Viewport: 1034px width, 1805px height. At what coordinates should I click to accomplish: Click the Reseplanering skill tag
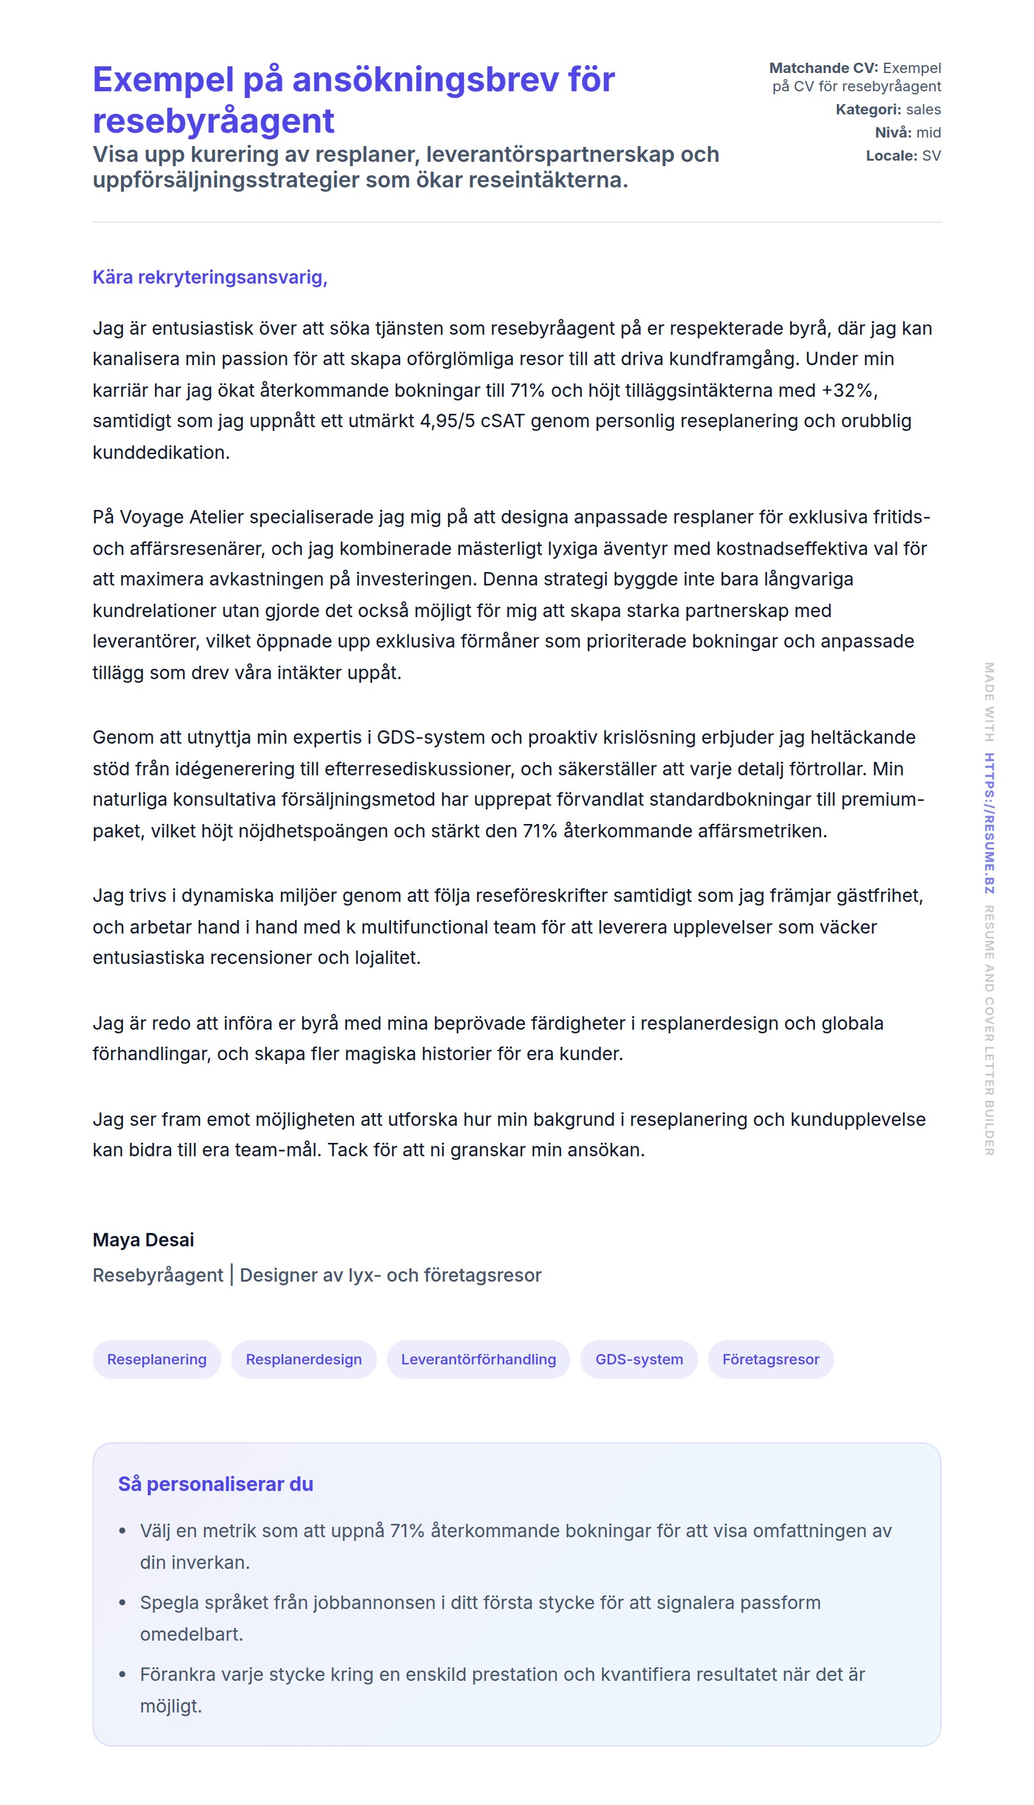pos(156,1359)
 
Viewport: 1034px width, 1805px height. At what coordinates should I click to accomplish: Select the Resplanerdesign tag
pos(304,1359)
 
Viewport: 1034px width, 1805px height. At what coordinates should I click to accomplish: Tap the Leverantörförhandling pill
pos(478,1359)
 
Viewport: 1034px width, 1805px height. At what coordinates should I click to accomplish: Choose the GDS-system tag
pos(639,1359)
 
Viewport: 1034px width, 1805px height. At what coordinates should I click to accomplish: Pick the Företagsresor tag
pos(770,1359)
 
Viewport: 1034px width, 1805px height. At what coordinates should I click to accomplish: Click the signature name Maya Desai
pos(143,1240)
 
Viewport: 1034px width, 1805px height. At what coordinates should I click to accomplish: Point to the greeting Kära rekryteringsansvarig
pos(209,277)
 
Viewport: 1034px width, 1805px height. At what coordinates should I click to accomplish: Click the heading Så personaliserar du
pos(215,1484)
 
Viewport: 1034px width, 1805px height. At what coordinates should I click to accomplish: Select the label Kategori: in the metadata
pos(868,110)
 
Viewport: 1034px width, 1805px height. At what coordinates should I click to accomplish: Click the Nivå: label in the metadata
pos(893,133)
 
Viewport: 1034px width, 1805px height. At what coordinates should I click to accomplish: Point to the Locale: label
pos(891,156)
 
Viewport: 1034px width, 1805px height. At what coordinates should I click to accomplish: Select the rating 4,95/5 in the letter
pos(446,421)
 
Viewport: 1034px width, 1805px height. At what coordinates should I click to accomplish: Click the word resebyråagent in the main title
pos(213,120)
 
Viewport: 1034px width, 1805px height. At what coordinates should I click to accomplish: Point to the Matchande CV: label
pos(823,68)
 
